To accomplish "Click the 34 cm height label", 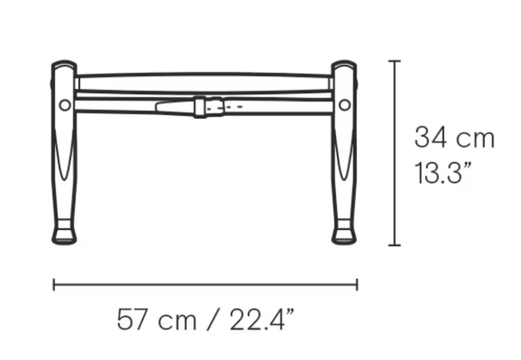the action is pos(455,137).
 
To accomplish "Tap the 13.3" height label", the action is pos(443,173).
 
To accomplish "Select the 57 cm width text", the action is pos(157,320).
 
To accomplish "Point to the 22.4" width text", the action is pos(262,320).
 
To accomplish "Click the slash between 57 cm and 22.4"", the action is pos(212,320).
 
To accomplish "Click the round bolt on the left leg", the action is pos(65,105).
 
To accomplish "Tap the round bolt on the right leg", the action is pos(345,105).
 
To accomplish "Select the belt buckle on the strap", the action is pos(200,107).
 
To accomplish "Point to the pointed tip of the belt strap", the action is pos(157,107).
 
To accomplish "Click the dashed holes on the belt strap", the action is pos(224,107).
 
